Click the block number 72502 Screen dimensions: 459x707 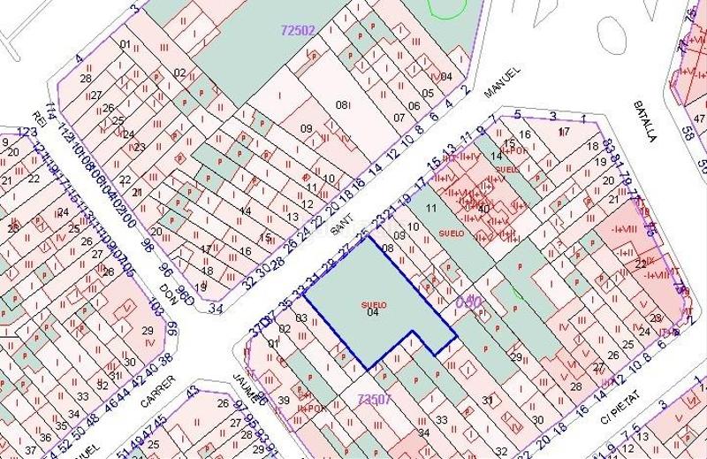pos(297,29)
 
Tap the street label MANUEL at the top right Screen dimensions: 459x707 pos(501,88)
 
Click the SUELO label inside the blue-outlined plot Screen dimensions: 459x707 pos(374,303)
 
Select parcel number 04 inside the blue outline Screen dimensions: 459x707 pos(373,312)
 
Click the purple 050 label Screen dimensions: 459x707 pos(468,302)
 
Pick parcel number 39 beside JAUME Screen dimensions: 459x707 pos(285,401)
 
